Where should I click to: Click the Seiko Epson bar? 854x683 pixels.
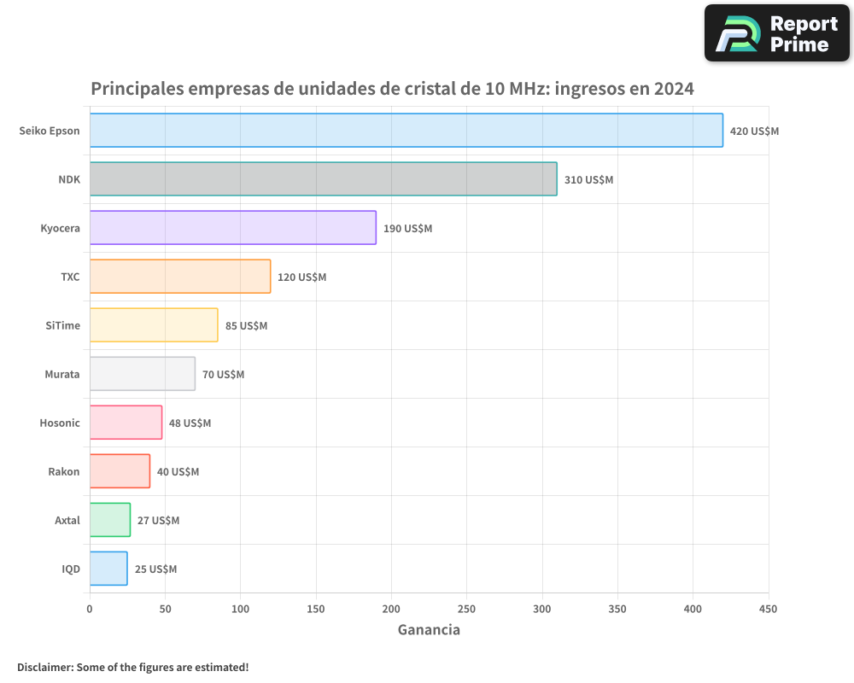tap(406, 131)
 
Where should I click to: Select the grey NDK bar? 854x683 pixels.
tap(323, 179)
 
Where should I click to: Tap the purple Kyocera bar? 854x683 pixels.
tap(232, 228)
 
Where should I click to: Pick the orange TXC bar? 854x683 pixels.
tap(179, 277)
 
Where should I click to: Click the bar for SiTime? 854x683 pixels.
tap(154, 325)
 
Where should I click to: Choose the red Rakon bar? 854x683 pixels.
tap(120, 471)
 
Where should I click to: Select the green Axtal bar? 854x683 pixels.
tap(110, 520)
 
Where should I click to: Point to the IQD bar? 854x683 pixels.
tap(108, 569)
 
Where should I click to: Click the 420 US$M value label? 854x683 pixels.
tap(754, 131)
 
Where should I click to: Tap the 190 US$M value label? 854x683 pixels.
tap(407, 229)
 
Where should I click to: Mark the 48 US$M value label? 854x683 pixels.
tap(190, 423)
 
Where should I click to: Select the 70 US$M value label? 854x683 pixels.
tap(223, 375)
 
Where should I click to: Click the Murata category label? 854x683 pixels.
tap(62, 374)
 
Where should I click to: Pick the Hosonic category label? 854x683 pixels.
tap(60, 423)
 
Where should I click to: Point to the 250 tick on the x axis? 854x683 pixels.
tap(466, 609)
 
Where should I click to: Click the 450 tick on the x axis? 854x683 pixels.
tap(768, 609)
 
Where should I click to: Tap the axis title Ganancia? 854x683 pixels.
tap(429, 630)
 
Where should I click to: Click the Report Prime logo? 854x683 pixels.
tap(776, 33)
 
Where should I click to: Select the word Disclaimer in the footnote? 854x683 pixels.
tap(44, 667)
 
